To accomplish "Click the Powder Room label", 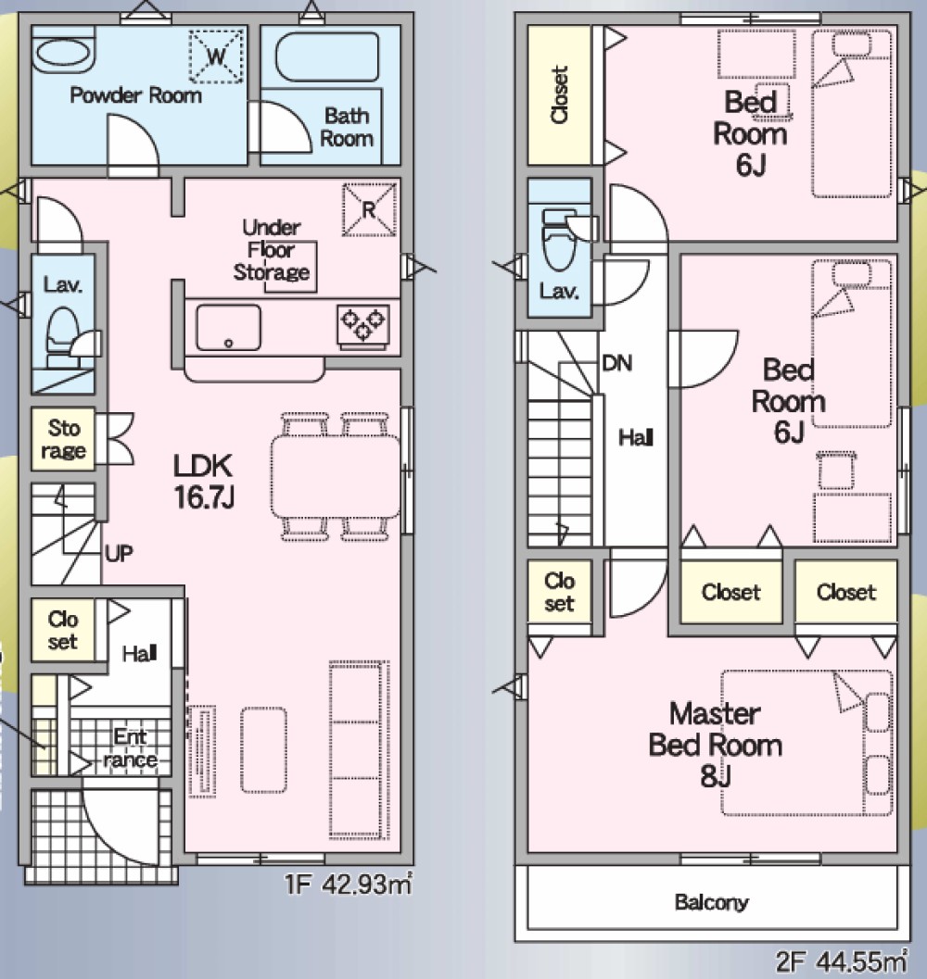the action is click(135, 95).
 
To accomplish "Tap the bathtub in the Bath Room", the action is click(327, 56).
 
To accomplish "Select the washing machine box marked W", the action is click(216, 56).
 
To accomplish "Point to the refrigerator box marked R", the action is click(370, 209).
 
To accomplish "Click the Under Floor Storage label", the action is click(272, 250).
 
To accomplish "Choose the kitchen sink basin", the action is click(228, 327).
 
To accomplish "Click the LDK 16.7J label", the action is click(204, 482).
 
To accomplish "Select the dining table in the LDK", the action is click(336, 476).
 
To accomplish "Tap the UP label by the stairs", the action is click(119, 553).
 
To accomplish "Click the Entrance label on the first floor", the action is click(130, 748).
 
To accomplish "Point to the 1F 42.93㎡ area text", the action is click(348, 885).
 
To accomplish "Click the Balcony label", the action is click(711, 902).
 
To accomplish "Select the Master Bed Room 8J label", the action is click(715, 745).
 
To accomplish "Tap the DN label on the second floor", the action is click(617, 363).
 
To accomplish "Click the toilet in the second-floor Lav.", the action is click(560, 241).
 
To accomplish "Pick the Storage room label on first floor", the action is click(63, 440).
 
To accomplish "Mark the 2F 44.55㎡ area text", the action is click(842, 961).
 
